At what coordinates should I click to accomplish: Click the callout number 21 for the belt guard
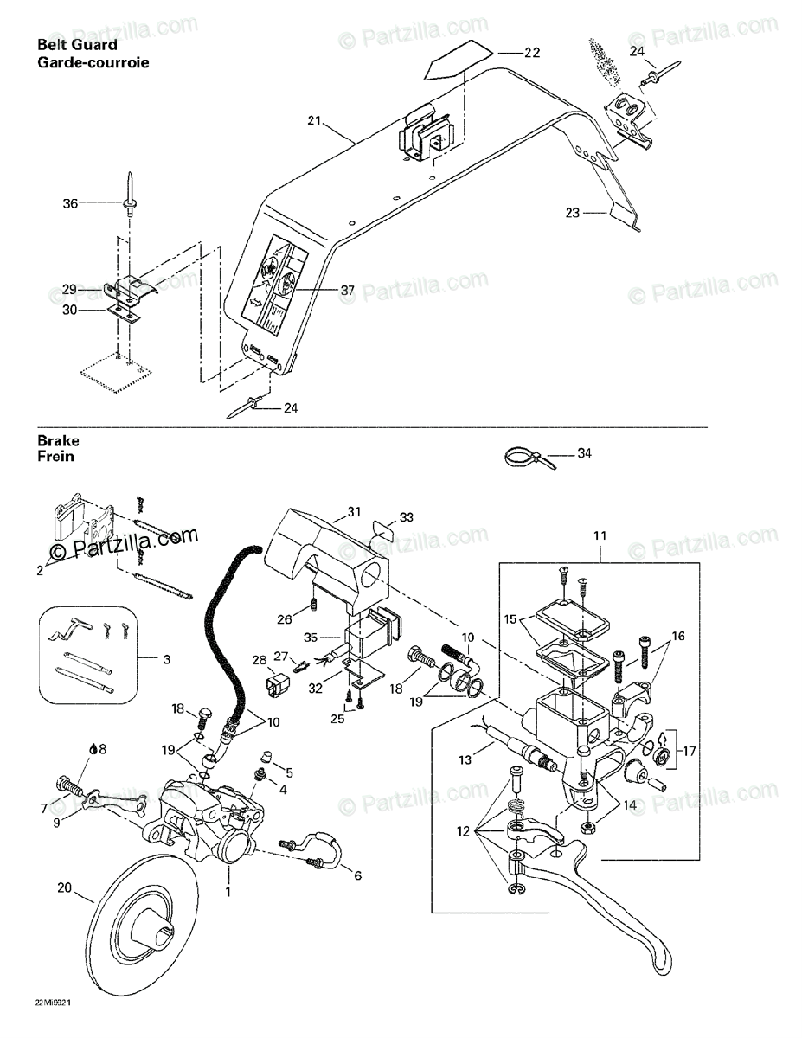[x=313, y=121]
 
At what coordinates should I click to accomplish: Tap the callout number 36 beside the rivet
[x=70, y=203]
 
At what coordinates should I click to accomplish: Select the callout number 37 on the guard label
[x=347, y=291]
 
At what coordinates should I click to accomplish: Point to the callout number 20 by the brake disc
[x=64, y=887]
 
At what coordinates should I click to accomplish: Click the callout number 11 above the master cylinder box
[x=600, y=537]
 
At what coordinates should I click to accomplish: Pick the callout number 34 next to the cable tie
[x=585, y=452]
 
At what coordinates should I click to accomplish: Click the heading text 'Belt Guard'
[x=77, y=45]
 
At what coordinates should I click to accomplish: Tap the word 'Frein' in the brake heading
[x=55, y=456]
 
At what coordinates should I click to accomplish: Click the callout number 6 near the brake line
[x=357, y=875]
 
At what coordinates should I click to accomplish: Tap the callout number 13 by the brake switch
[x=465, y=759]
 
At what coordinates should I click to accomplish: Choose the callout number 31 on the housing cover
[x=353, y=512]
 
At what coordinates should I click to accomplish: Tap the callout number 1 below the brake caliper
[x=228, y=890]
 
